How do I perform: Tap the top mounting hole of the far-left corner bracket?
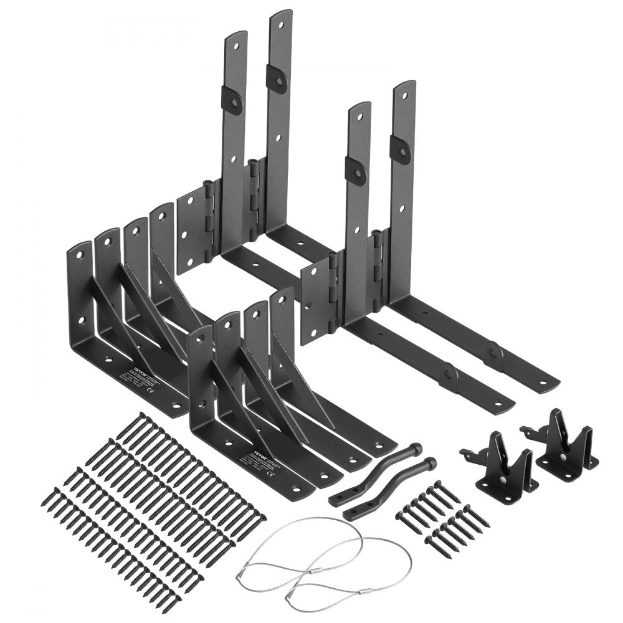[x=80, y=254]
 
